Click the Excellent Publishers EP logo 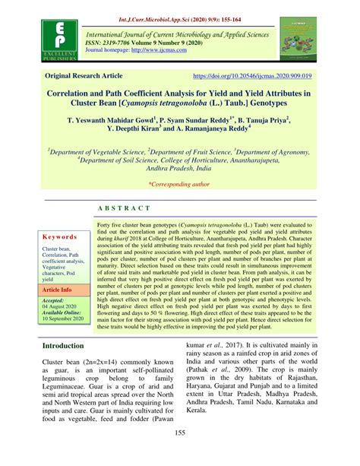point(52,42)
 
